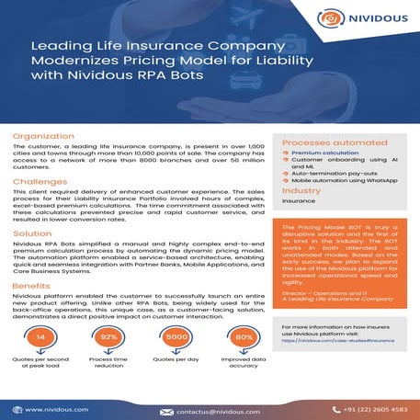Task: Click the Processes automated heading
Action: pos(324,143)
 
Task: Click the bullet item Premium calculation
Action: pos(328,154)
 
